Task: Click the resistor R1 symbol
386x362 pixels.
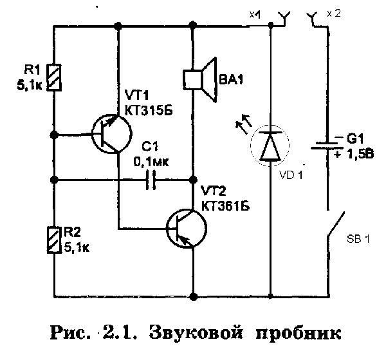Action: pyautogui.click(x=55, y=79)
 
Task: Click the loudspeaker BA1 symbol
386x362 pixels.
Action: pyautogui.click(x=199, y=79)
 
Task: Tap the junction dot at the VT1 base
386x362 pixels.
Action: pyautogui.click(x=55, y=135)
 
